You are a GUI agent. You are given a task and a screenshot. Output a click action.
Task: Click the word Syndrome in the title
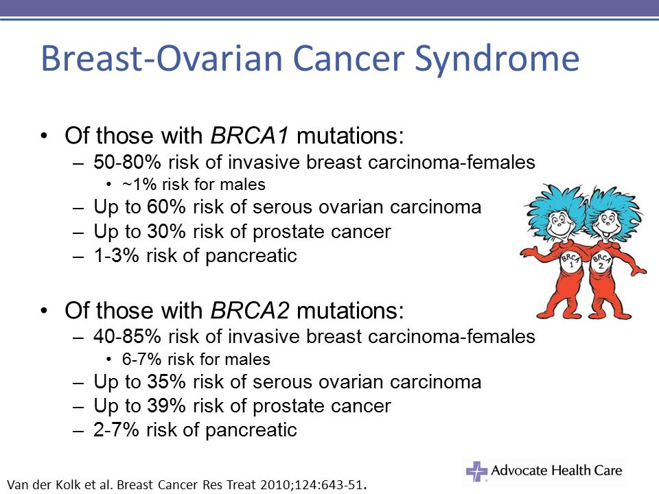[x=497, y=59]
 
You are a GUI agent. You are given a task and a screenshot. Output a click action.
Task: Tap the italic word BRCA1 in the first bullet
[x=250, y=136]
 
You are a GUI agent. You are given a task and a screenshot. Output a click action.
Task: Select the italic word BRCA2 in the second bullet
[x=250, y=310]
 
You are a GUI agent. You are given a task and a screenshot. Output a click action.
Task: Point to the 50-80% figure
[x=128, y=162]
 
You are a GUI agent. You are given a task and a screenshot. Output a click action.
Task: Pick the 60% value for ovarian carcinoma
[x=166, y=207]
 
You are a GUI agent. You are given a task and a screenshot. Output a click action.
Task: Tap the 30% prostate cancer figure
[x=166, y=231]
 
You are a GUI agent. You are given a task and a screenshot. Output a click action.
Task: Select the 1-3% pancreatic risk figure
[x=116, y=255]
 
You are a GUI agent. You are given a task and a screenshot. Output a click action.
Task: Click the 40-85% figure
[x=128, y=336]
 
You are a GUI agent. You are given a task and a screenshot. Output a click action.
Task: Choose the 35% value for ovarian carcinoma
[x=166, y=382]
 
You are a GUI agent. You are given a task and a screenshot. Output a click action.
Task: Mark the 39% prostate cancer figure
[x=166, y=405]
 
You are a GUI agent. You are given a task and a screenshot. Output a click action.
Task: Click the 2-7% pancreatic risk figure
[x=116, y=430]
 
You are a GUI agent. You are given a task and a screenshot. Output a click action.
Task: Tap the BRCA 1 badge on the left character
[x=570, y=261]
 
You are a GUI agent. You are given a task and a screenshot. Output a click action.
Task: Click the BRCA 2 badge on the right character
[x=601, y=261]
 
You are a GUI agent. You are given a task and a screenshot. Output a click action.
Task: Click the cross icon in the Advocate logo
[x=476, y=471]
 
